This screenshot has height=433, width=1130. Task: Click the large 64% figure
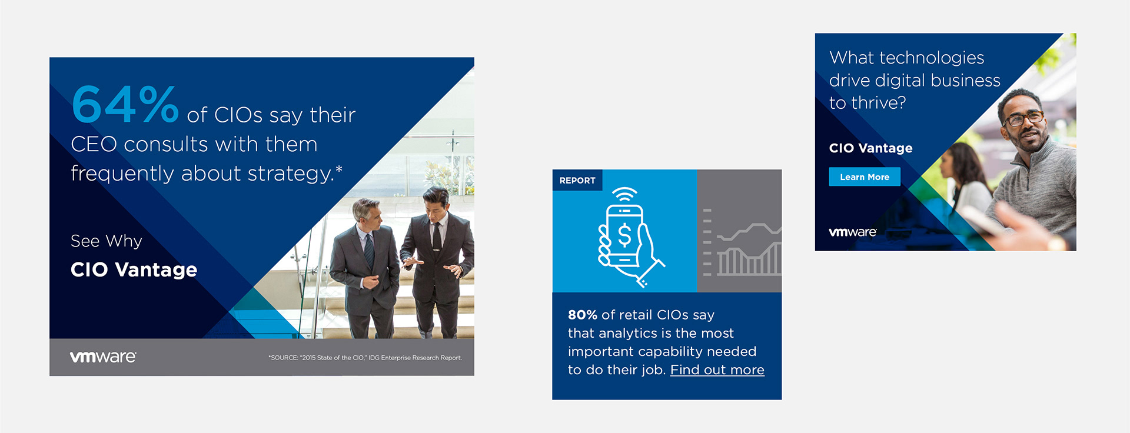(x=125, y=104)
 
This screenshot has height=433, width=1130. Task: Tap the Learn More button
(x=865, y=177)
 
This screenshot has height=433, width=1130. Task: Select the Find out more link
(x=717, y=370)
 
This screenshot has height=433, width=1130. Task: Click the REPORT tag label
(x=577, y=181)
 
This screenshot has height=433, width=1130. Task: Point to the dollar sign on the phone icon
(x=624, y=235)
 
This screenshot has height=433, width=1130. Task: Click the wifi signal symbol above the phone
(x=624, y=195)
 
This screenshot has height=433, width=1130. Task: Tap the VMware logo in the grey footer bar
(x=103, y=357)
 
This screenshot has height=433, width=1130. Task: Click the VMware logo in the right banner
(x=853, y=232)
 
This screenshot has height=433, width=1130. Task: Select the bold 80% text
(x=583, y=315)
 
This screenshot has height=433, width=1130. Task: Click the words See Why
(x=107, y=241)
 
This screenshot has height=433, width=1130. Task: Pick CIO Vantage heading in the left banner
(x=134, y=269)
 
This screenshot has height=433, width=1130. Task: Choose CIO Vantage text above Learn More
(x=870, y=148)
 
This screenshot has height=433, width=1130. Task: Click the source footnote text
(x=365, y=358)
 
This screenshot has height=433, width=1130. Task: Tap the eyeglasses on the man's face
(x=1023, y=118)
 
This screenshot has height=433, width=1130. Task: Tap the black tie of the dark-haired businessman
(x=437, y=235)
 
